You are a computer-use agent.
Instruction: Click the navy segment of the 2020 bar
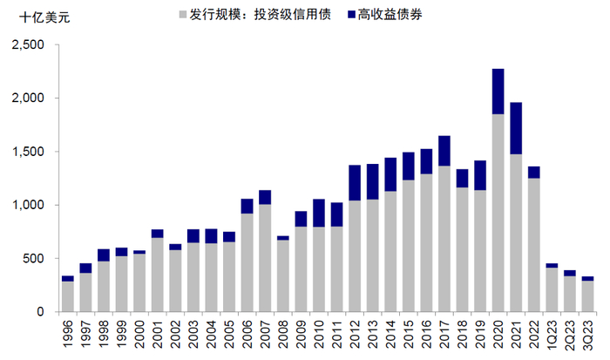[x=498, y=91]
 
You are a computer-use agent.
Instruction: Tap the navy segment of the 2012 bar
[x=355, y=182]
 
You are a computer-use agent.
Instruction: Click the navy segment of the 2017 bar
[x=444, y=151]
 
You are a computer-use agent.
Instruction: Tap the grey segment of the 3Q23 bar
[x=587, y=296]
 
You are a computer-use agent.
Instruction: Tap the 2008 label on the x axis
[x=283, y=336]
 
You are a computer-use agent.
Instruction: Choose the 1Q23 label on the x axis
[x=552, y=336]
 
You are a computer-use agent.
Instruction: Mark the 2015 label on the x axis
[x=409, y=336]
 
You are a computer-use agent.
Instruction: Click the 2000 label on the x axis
[x=140, y=336]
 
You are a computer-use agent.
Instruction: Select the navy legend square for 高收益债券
[x=349, y=15]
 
